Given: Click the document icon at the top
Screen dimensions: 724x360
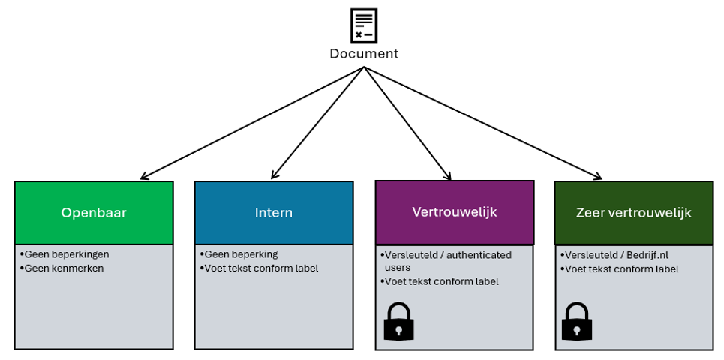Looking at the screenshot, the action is (363, 25).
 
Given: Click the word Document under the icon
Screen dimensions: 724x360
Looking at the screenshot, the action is (364, 54).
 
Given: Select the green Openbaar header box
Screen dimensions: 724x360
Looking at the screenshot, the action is (94, 213).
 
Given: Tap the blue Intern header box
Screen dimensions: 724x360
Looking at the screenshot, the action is (274, 213).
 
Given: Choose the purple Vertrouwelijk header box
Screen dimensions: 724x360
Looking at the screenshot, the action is (455, 212).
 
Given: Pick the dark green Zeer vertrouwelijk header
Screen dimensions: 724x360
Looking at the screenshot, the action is (634, 213).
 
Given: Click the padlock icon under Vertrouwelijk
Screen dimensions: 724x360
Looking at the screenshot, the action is (399, 321).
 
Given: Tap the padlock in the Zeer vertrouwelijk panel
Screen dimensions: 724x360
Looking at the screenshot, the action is (577, 321).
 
